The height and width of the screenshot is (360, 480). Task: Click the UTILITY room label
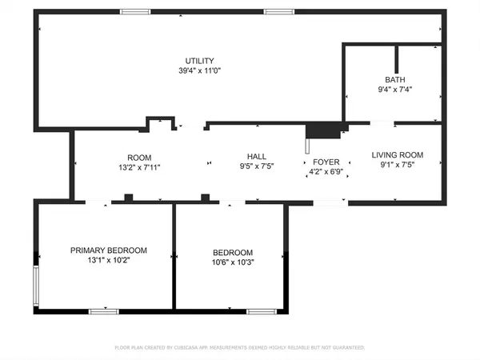tap(199, 61)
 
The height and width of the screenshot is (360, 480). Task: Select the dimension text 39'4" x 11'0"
tap(199, 70)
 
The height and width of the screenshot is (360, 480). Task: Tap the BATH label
tap(395, 80)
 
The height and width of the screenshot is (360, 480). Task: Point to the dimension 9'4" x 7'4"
tap(395, 90)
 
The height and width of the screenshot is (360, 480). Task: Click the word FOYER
tap(326, 162)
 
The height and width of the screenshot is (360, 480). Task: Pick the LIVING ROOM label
tap(398, 155)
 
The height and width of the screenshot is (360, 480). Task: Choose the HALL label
tap(257, 157)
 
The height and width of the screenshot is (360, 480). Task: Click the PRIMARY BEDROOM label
tap(109, 250)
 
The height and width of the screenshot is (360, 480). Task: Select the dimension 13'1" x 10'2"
tap(109, 260)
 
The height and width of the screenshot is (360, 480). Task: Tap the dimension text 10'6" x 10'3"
tap(233, 262)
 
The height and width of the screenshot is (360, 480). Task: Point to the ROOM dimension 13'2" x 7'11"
tap(139, 167)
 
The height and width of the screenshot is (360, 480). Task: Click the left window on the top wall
tap(135, 12)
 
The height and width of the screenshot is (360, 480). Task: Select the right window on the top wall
tap(279, 12)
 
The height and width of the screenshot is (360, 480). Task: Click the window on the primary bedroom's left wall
tap(36, 286)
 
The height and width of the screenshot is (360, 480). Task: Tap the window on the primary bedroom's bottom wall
tap(104, 312)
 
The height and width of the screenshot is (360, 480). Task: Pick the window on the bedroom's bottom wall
tap(262, 312)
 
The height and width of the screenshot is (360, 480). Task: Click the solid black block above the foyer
tap(323, 131)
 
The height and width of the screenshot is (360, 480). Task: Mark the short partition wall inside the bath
tap(397, 59)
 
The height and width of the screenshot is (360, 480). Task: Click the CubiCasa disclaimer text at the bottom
tap(240, 347)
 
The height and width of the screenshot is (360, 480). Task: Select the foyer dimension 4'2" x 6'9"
tap(326, 172)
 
